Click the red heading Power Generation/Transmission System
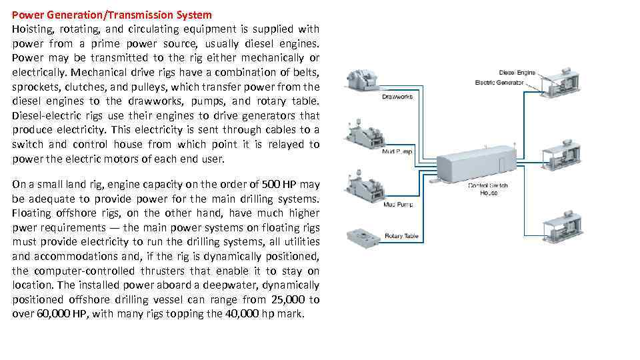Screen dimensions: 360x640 click(x=112, y=14)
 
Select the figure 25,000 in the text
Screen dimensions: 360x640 click(x=283, y=299)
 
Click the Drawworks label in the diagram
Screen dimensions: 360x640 click(x=397, y=97)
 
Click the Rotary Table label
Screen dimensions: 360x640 click(x=401, y=236)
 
